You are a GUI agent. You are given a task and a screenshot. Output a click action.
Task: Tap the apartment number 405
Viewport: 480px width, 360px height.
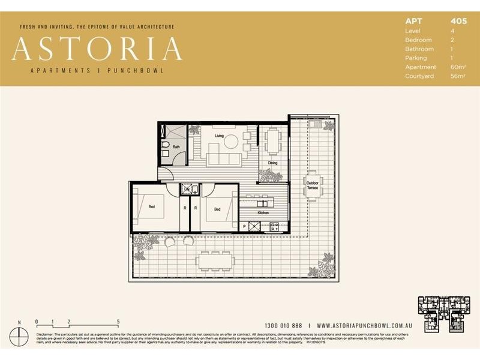pos(458,21)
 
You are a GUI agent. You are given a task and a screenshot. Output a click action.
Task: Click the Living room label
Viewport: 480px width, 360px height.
pos(219,136)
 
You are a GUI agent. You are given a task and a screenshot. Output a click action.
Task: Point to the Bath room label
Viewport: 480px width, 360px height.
pos(176,146)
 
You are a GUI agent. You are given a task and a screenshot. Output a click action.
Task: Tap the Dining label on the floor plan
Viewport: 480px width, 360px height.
pos(272,163)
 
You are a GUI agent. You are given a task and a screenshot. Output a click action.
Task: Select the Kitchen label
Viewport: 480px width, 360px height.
pos(263,213)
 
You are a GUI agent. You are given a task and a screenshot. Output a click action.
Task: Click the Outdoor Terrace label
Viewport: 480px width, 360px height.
pos(312,185)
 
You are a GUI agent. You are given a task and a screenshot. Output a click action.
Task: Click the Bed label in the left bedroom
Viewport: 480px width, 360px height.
pos(152,208)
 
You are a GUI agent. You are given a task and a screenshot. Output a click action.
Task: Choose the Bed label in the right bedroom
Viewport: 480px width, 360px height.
pos(217,209)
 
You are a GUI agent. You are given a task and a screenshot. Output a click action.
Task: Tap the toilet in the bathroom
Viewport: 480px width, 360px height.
pos(166,154)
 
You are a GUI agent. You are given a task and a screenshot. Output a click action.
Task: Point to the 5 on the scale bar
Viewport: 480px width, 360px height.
pos(118,322)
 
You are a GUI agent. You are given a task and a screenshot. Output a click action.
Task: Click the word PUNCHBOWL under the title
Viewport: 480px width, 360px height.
pos(136,70)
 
